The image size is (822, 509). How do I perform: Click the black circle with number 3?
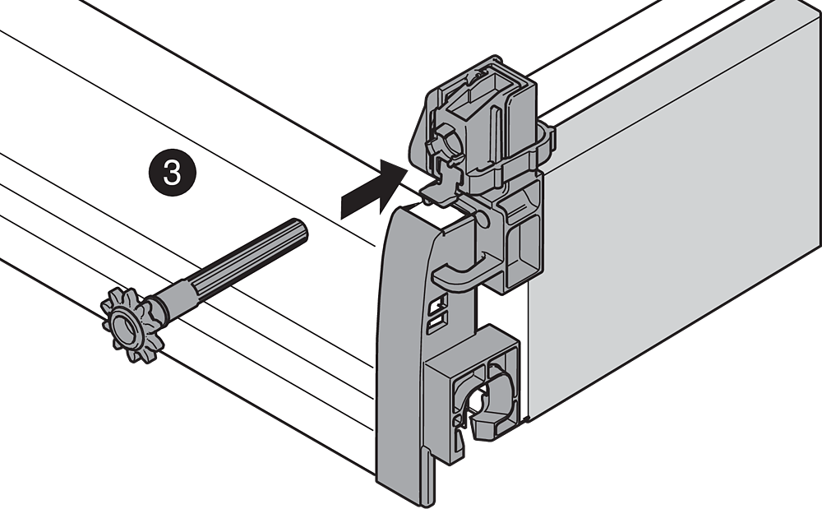(x=173, y=172)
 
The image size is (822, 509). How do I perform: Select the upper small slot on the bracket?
(x=439, y=302)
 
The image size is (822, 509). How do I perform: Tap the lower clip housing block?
(x=472, y=394)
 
